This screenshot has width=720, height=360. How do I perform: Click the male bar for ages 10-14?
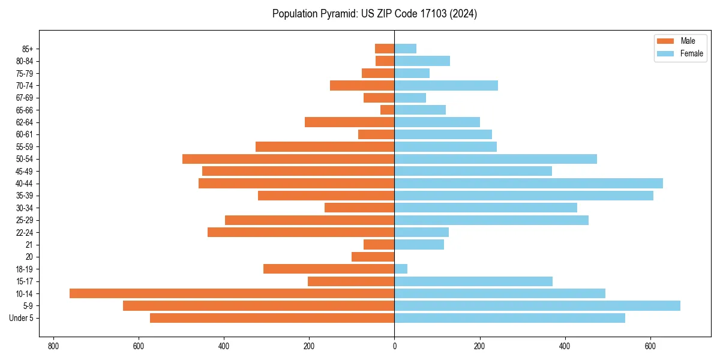pos(232,293)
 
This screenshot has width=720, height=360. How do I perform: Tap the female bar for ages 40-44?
pos(529,183)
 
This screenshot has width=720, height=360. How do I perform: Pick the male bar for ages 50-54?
pos(288,159)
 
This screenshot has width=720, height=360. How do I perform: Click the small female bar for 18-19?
pos(401,269)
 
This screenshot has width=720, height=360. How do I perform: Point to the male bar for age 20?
pos(373,257)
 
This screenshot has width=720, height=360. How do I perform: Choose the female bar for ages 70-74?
pos(446,85)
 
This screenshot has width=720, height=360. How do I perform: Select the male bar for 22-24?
pos(301,232)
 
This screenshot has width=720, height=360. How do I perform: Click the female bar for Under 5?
pos(509,318)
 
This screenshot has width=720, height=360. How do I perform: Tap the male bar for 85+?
pos(385,49)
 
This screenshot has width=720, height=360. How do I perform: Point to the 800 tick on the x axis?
pos(53,346)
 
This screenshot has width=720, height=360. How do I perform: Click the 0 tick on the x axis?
pos(394,346)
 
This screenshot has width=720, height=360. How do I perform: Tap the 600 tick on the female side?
pos(650,346)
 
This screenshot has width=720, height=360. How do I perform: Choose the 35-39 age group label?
pos(25,196)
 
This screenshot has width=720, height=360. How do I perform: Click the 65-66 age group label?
pos(25,110)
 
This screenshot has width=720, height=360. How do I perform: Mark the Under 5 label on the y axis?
pos(22,318)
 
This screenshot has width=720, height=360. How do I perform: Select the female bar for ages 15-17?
pos(473,281)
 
